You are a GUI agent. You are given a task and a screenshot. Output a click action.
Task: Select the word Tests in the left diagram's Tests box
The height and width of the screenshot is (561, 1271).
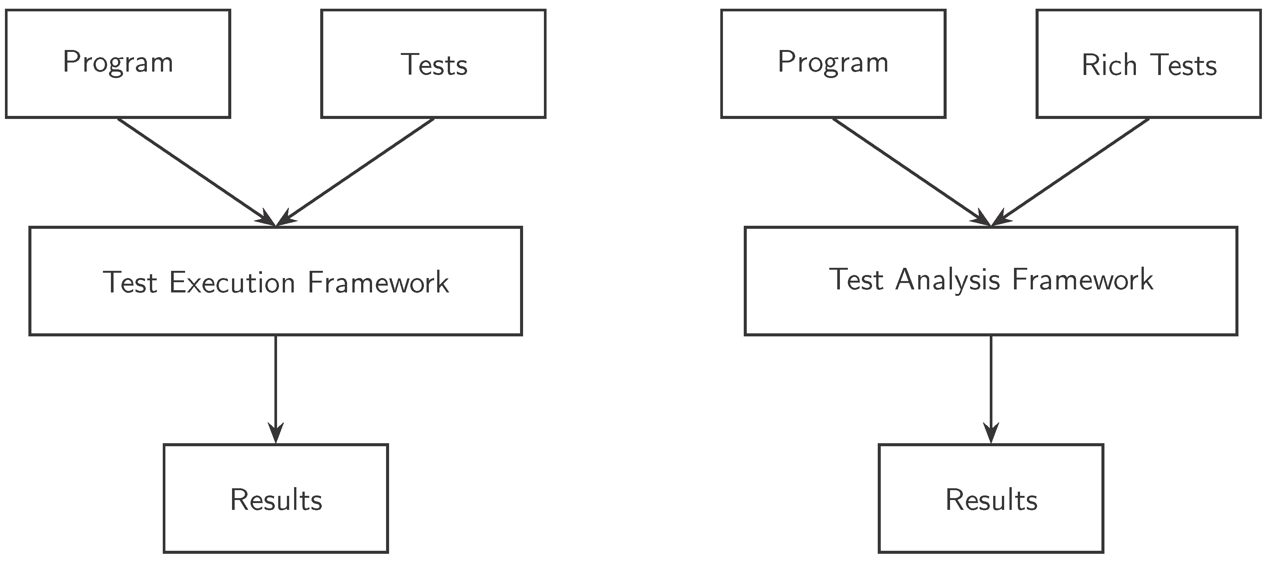(434, 65)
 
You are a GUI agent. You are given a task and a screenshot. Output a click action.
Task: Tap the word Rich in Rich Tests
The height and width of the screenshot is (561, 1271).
(1109, 65)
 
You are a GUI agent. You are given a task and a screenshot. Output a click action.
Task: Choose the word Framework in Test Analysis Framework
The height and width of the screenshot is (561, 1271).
(1083, 280)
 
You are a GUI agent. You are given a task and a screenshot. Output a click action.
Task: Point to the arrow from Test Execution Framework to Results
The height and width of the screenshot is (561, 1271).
(276, 385)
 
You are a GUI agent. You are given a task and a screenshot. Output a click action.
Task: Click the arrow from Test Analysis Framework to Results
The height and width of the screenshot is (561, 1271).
(991, 385)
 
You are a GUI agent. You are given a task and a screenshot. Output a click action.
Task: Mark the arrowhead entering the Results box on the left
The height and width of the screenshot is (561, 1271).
(276, 434)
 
